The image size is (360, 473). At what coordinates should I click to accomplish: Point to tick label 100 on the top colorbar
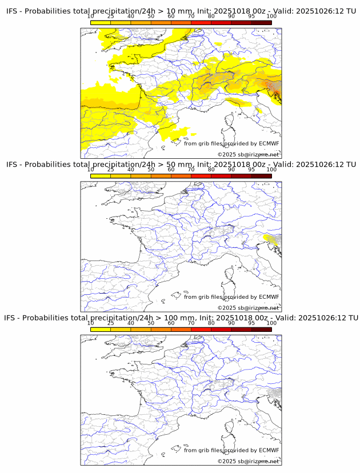pyautogui.click(x=271, y=16)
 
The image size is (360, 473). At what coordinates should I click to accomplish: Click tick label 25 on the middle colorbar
pyautogui.click(x=111, y=170)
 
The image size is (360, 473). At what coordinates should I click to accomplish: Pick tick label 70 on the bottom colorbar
pyautogui.click(x=191, y=323)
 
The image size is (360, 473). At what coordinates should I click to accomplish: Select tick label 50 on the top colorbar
pyautogui.click(x=151, y=16)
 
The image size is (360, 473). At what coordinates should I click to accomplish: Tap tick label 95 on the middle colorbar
pyautogui.click(x=251, y=170)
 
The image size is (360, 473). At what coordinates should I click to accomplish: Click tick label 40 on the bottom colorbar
pyautogui.click(x=131, y=323)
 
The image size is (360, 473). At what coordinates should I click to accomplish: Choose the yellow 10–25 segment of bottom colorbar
pyautogui.click(x=101, y=330)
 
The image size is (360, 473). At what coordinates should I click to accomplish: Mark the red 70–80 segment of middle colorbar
pyautogui.click(x=201, y=176)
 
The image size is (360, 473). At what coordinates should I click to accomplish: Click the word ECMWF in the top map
pyautogui.click(x=269, y=143)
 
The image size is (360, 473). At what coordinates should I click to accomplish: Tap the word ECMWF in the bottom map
pyautogui.click(x=269, y=450)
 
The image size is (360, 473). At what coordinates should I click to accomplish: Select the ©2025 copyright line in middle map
pyautogui.click(x=248, y=308)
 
